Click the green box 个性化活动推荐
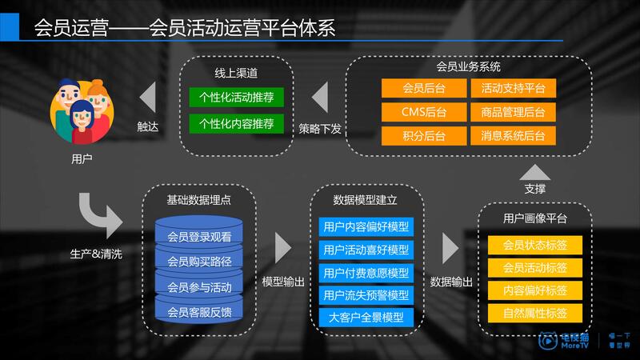(236, 98)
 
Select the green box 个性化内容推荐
(236, 124)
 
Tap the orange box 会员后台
(424, 88)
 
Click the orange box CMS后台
(424, 112)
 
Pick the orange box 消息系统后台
(513, 136)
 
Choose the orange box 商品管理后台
(513, 112)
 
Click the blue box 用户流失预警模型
(366, 295)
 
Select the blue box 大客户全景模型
(366, 318)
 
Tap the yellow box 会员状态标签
(534, 245)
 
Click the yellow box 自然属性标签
(534, 313)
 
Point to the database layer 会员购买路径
(199, 261)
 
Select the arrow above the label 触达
(148, 98)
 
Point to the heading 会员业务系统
(468, 66)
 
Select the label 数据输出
(451, 282)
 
